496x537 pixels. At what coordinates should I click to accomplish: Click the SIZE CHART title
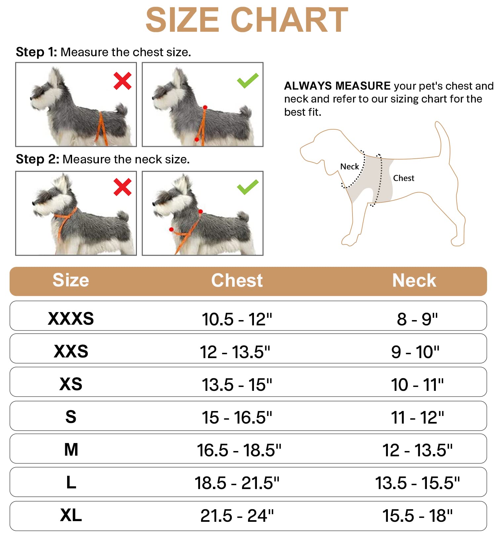coord(247,21)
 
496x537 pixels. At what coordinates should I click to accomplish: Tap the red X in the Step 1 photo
coord(122,81)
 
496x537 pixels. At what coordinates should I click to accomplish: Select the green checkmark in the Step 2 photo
coord(248,187)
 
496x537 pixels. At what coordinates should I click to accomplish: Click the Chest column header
coord(237,281)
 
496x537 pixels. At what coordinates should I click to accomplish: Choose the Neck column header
coord(414,281)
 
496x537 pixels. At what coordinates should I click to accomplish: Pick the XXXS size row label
coord(71,318)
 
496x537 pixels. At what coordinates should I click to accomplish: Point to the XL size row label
coord(71,515)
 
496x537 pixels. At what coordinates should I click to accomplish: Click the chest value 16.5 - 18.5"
coord(239,450)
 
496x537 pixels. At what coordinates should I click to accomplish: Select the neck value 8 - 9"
coord(417,319)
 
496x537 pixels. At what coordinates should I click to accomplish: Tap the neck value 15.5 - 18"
coord(417,516)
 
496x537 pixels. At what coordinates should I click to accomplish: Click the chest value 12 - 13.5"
coord(235,352)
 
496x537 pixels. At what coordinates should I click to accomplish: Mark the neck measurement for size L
coord(417,483)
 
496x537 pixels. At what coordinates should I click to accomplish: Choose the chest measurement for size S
coord(237,418)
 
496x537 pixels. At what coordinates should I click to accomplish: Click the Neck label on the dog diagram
coord(349,167)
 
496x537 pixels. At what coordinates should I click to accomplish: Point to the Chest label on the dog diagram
coord(403,178)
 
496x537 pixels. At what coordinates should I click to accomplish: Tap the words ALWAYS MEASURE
coord(337,86)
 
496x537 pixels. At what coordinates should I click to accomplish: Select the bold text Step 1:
coord(36,52)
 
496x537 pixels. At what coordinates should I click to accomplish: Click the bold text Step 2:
coord(37,159)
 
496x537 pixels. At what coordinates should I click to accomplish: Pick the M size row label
coord(71,450)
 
